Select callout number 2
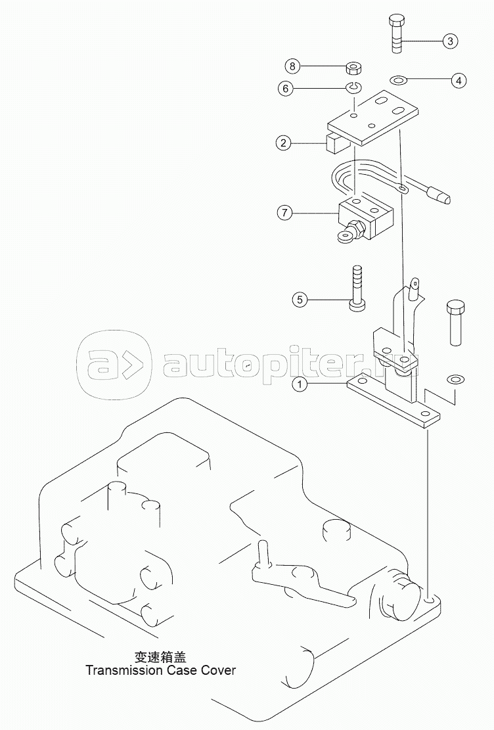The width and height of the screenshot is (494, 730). [283, 143]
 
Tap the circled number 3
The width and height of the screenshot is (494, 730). [450, 41]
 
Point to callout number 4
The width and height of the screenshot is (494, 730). [459, 81]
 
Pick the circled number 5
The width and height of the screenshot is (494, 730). [300, 300]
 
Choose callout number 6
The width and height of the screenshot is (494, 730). [286, 88]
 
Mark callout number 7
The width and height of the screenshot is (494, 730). [284, 214]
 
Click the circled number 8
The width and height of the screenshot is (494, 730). [292, 66]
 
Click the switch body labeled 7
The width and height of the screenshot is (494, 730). [364, 219]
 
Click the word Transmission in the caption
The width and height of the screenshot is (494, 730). [123, 670]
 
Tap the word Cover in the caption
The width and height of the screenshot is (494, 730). [218, 670]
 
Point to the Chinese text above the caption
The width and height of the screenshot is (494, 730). [160, 657]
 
